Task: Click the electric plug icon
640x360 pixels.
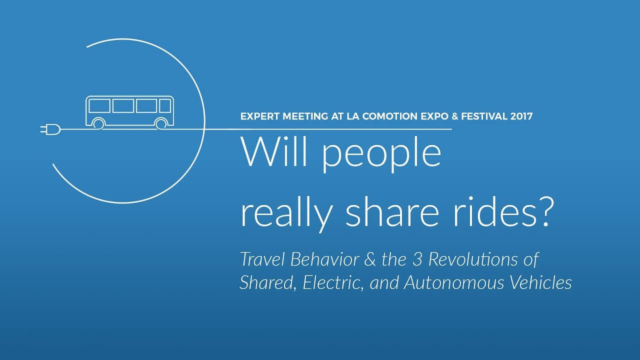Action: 50,129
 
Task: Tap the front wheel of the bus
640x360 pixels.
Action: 161,123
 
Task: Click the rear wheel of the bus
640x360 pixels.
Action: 98,123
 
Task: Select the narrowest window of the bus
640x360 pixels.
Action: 165,105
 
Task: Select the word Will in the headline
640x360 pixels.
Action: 274,151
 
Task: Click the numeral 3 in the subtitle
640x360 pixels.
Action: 417,259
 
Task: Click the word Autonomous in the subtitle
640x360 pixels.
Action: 454,282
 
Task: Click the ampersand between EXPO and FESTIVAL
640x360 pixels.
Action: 454,116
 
